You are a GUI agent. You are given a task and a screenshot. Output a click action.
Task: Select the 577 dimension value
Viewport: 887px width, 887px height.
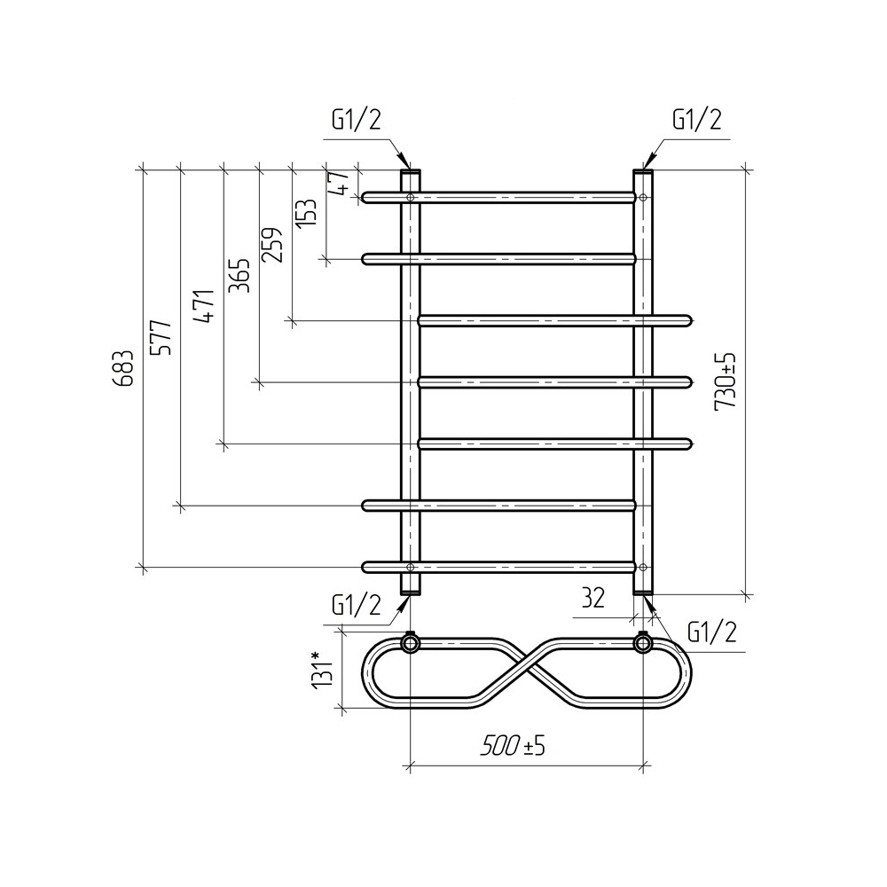(x=161, y=337)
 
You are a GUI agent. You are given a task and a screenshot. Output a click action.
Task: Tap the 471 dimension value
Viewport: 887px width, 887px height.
(x=204, y=305)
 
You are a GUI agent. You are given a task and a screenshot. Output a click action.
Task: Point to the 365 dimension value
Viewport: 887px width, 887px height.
(x=239, y=276)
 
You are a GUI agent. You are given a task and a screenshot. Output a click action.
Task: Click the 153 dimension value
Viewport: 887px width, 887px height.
(x=306, y=213)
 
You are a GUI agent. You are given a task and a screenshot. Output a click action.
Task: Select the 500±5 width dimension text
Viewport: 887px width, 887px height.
(x=513, y=746)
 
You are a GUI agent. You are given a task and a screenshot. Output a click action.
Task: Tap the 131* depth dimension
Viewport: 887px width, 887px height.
(x=322, y=671)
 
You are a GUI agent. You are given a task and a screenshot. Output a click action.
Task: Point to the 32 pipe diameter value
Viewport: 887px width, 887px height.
(x=593, y=597)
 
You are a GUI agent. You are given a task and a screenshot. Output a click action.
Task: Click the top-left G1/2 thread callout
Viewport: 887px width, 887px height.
(x=357, y=120)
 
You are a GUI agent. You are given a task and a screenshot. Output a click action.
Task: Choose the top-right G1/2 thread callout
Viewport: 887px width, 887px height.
(x=697, y=120)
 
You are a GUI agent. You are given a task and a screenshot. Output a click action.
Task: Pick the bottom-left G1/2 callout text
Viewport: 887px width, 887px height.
(x=357, y=606)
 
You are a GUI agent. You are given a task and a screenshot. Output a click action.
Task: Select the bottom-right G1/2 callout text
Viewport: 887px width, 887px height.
(x=712, y=632)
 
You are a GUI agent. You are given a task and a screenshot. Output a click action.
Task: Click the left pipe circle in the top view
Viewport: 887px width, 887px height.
(x=410, y=643)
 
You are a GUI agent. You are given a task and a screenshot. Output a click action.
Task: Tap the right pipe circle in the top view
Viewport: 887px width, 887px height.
(x=642, y=643)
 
